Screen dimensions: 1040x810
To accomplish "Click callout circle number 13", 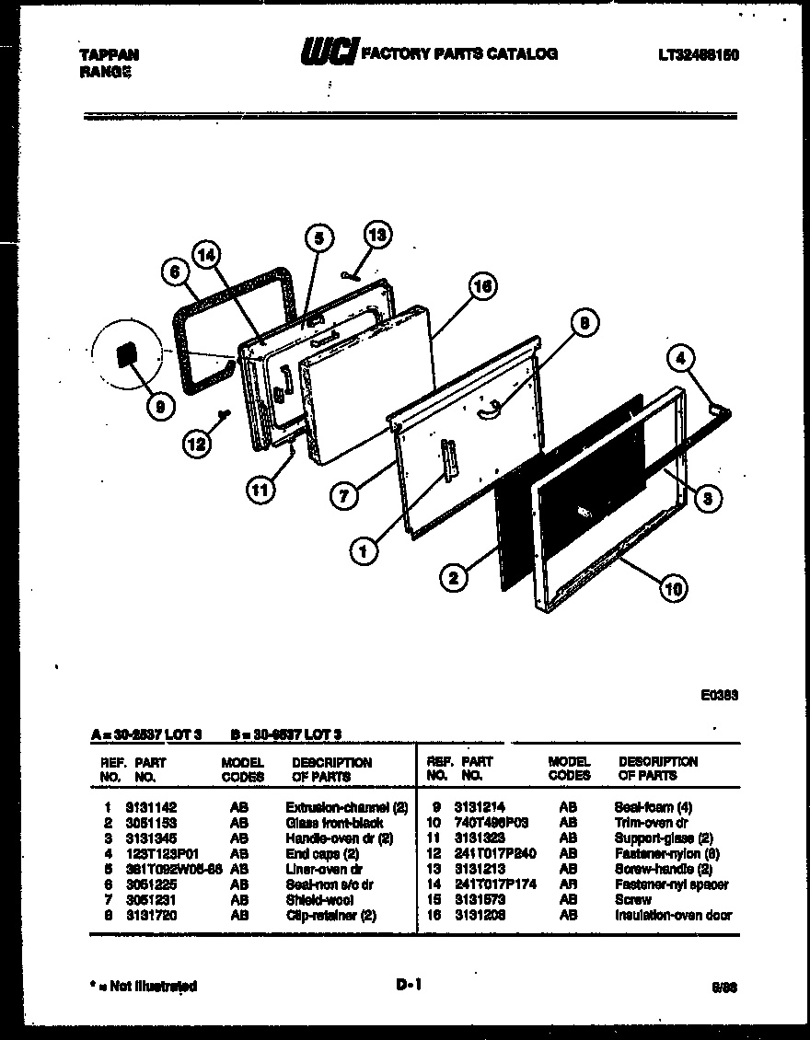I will pyautogui.click(x=378, y=235).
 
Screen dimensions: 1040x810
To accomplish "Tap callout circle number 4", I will pyautogui.click(x=681, y=359).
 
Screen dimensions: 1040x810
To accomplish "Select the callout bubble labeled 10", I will pyautogui.click(x=674, y=588).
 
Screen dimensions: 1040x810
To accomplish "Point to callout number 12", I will pyautogui.click(x=196, y=444).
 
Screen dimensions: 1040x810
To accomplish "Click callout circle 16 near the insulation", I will pyautogui.click(x=481, y=286).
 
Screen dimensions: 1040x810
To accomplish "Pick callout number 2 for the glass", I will pyautogui.click(x=453, y=579).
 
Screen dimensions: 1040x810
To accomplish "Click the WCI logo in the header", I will pyautogui.click(x=328, y=53).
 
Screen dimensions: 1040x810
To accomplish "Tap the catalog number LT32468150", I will pyautogui.click(x=699, y=55).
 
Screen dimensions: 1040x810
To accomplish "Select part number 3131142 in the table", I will pyautogui.click(x=151, y=807).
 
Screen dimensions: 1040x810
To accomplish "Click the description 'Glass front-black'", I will pyautogui.click(x=334, y=823).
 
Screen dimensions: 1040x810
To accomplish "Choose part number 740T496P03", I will pyautogui.click(x=492, y=823).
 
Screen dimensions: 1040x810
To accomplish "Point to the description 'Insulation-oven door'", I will pyautogui.click(x=673, y=916).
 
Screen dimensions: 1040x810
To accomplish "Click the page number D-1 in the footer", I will pyautogui.click(x=409, y=985).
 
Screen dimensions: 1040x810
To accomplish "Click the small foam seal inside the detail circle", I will pyautogui.click(x=125, y=353).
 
